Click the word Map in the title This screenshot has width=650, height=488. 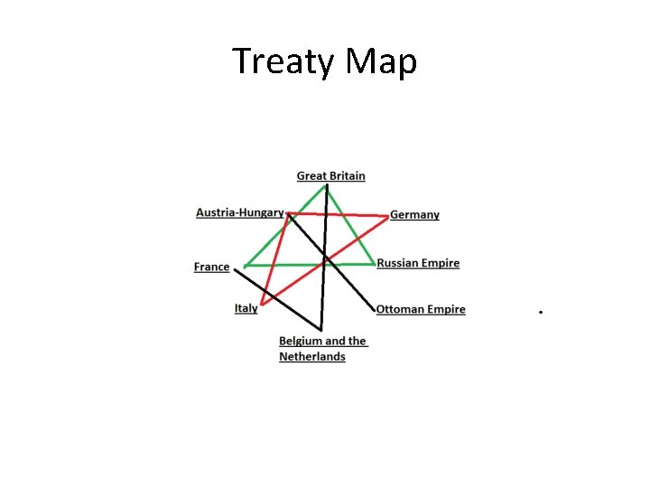381,61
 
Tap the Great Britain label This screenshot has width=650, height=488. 330,175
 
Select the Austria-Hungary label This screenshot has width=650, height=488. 239,212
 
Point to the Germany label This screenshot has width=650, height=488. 414,215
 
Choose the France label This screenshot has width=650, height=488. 211,267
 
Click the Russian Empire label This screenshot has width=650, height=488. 418,263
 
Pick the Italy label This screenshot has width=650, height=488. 246,308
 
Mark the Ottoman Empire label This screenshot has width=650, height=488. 421,309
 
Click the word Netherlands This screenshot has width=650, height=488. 312,356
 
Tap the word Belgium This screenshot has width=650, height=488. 301,341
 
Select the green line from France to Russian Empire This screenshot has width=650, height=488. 289,265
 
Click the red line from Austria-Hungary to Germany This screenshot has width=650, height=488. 339,215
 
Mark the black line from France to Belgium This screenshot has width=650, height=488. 275,296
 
